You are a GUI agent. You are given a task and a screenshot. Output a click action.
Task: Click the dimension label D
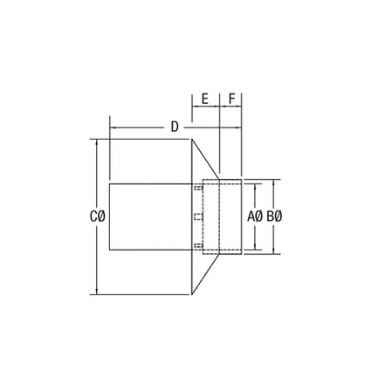tap(175, 127)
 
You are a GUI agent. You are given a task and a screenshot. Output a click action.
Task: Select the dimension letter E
tap(204, 100)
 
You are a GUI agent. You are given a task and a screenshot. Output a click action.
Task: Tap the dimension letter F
tap(231, 100)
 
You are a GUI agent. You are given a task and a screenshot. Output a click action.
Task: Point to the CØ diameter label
tap(98, 216)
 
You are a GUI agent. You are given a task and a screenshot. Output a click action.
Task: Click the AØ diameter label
tap(256, 216)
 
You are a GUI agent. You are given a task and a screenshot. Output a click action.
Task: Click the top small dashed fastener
tap(198, 187)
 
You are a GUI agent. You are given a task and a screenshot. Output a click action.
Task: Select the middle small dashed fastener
tap(198, 216)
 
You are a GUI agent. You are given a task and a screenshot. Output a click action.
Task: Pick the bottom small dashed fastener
tap(198, 245)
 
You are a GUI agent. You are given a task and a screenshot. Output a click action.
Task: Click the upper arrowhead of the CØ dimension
tap(95, 142)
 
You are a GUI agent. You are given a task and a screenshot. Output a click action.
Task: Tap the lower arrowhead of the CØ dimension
tap(95, 292)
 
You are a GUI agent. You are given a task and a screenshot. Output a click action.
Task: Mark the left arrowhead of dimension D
tap(113, 127)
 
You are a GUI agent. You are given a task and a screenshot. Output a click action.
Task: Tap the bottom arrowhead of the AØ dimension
tap(256, 247)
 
